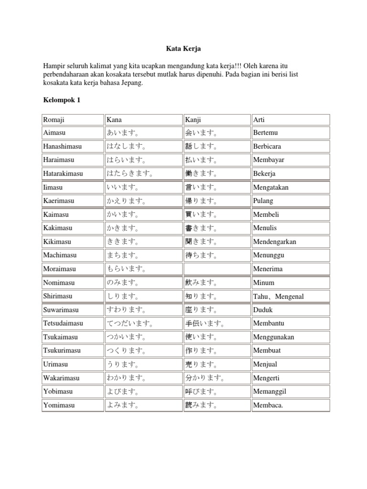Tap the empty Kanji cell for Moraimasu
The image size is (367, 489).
click(216, 269)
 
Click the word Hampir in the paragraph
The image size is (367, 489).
click(54, 65)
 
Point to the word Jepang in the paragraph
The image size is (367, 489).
click(132, 83)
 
